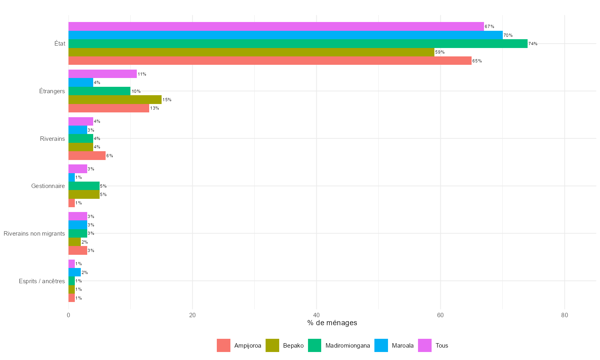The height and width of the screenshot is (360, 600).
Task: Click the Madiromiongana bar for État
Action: tap(298, 44)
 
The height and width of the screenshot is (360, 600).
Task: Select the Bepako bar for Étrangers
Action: tap(115, 100)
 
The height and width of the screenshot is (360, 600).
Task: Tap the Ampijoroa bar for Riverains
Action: tap(87, 156)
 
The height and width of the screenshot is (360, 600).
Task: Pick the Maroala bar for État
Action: tap(286, 35)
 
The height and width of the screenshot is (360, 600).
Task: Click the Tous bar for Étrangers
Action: tap(102, 74)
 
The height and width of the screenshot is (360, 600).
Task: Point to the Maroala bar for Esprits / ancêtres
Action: tap(74, 272)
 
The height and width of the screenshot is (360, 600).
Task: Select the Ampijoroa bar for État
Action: tap(270, 61)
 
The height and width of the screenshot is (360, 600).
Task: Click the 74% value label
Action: tap(533, 44)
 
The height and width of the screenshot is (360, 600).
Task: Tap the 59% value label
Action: tap(440, 52)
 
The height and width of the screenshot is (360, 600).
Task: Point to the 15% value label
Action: tap(167, 100)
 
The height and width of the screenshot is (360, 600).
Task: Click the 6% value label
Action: tap(110, 156)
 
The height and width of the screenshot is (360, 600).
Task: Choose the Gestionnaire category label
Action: tap(48, 186)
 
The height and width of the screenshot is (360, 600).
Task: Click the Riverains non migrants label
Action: tap(34, 234)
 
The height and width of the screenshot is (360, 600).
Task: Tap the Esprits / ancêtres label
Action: tap(42, 281)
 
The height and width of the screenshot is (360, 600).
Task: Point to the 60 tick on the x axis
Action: tap(440, 315)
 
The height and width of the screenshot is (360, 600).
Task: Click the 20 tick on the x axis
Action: tap(192, 315)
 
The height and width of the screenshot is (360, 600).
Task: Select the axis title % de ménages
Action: tap(332, 323)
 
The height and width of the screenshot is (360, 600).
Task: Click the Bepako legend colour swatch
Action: tap(272, 346)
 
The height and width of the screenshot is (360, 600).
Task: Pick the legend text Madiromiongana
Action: tap(348, 346)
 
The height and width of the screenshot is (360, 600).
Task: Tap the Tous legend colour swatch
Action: tap(425, 346)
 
